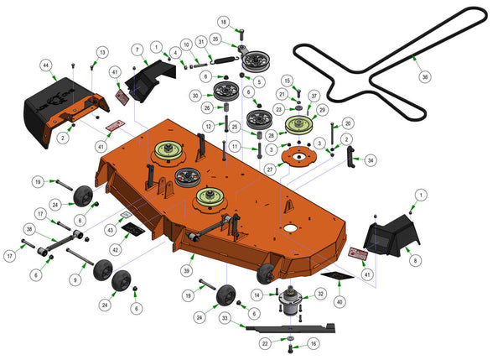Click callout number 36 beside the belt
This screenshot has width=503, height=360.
(x=424, y=76)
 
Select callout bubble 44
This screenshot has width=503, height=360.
(x=47, y=65)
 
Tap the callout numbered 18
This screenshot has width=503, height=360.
(x=224, y=21)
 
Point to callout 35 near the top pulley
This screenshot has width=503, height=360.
(x=215, y=39)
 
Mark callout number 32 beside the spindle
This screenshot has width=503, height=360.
(x=320, y=294)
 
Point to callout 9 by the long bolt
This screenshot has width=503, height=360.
(x=75, y=279)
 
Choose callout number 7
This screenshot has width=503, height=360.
(x=136, y=50)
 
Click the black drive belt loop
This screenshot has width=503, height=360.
(x=394, y=63)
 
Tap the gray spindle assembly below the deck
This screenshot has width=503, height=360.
(x=291, y=304)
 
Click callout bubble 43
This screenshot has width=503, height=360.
(x=110, y=230)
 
